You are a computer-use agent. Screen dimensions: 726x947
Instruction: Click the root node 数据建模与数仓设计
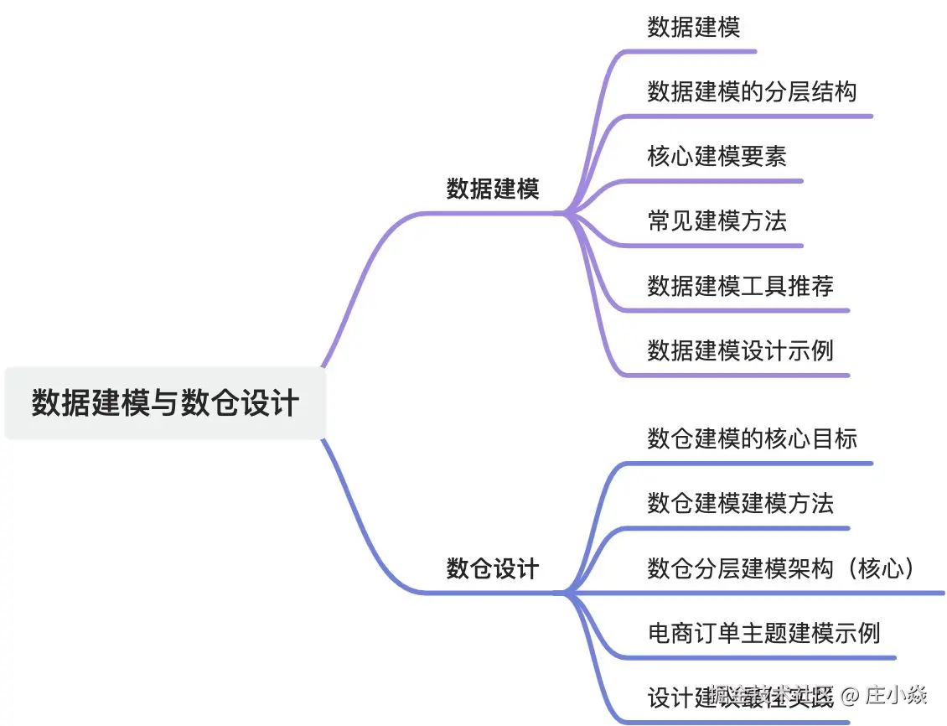point(165,402)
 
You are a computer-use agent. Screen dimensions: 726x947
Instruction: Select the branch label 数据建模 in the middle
point(492,189)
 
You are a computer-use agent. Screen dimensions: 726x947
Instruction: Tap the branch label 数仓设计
point(492,569)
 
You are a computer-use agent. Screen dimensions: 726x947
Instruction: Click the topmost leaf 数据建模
point(694,27)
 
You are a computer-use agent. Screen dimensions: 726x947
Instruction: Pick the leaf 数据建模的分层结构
point(752,91)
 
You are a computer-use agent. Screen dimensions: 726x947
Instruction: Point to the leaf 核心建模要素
point(717,156)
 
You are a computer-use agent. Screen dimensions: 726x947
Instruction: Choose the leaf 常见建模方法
point(717,220)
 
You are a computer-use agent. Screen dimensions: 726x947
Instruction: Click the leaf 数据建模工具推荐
point(740,285)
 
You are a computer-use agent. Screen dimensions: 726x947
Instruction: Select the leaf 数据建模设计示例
point(740,350)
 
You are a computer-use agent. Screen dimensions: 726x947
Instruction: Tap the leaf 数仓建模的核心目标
point(752,438)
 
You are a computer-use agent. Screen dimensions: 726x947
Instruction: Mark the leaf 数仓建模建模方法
point(740,503)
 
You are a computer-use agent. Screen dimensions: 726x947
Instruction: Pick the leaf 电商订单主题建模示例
point(763,632)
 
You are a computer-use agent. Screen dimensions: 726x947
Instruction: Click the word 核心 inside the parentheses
point(884,568)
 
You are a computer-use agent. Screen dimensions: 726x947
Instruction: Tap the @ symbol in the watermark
point(851,695)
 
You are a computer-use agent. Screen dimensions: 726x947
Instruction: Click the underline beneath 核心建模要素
point(712,180)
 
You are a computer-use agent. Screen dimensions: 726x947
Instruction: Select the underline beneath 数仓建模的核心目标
point(746,463)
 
